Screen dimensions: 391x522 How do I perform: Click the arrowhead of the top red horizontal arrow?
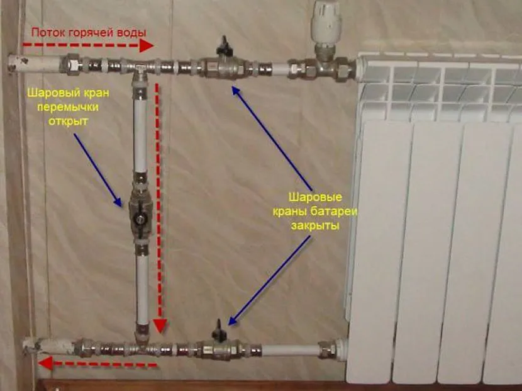tap(147, 46)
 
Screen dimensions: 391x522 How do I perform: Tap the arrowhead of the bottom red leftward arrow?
tap(43, 363)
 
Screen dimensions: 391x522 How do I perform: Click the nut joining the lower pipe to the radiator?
tap(328, 348)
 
